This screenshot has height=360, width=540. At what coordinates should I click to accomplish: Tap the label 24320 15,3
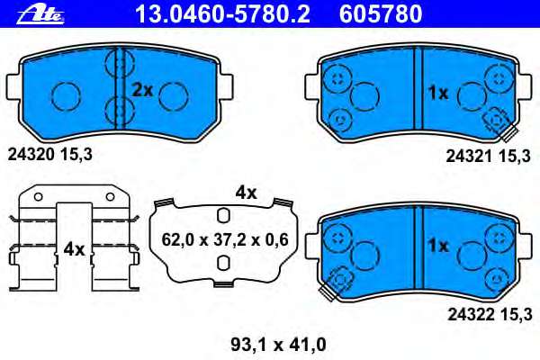click(50, 154)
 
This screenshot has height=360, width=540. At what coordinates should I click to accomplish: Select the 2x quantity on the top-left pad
click(142, 89)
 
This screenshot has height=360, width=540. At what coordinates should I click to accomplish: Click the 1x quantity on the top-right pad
click(437, 92)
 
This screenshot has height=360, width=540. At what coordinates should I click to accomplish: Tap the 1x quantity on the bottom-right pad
click(437, 245)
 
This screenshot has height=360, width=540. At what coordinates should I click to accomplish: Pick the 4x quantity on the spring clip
click(73, 248)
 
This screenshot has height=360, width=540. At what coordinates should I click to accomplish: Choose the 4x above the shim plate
click(246, 192)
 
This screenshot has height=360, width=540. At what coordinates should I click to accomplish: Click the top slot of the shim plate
click(222, 215)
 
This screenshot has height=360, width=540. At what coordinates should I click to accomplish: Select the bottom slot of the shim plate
click(222, 263)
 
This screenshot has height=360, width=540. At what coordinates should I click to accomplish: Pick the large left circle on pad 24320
click(66, 92)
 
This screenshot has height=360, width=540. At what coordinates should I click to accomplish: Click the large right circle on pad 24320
click(174, 92)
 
